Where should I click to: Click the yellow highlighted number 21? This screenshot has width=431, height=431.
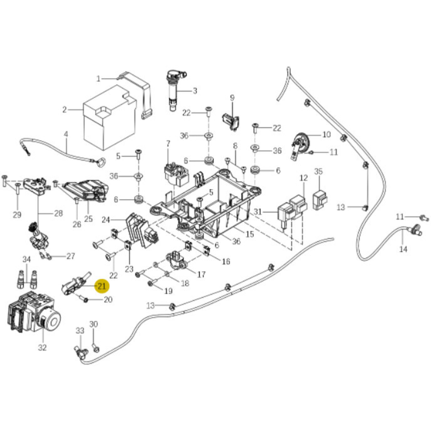pos(102,286)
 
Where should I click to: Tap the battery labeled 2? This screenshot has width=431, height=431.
pos(110,123)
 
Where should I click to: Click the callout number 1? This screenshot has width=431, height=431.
pos(98,79)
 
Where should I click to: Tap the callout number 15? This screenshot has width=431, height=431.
pos(250,234)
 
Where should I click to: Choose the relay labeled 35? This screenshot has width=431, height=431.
pos(320,200)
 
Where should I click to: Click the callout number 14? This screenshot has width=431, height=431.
pos(403,249)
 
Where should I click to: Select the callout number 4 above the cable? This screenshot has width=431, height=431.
pos(66,134)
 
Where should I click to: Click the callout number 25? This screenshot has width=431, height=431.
pos(88,219)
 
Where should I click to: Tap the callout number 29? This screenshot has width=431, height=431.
pos(17,215)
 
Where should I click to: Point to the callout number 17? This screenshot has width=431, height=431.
pos(201,274)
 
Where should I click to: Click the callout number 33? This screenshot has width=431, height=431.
pos(80,331)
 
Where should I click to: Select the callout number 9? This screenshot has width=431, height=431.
pos(232,98)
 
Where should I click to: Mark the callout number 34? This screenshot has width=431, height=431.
pos(27,259)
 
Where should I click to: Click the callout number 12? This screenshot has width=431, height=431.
pos(304,178)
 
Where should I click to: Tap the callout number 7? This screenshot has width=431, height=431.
pos(168,143)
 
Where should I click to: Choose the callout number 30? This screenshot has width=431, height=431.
pos(94,324)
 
